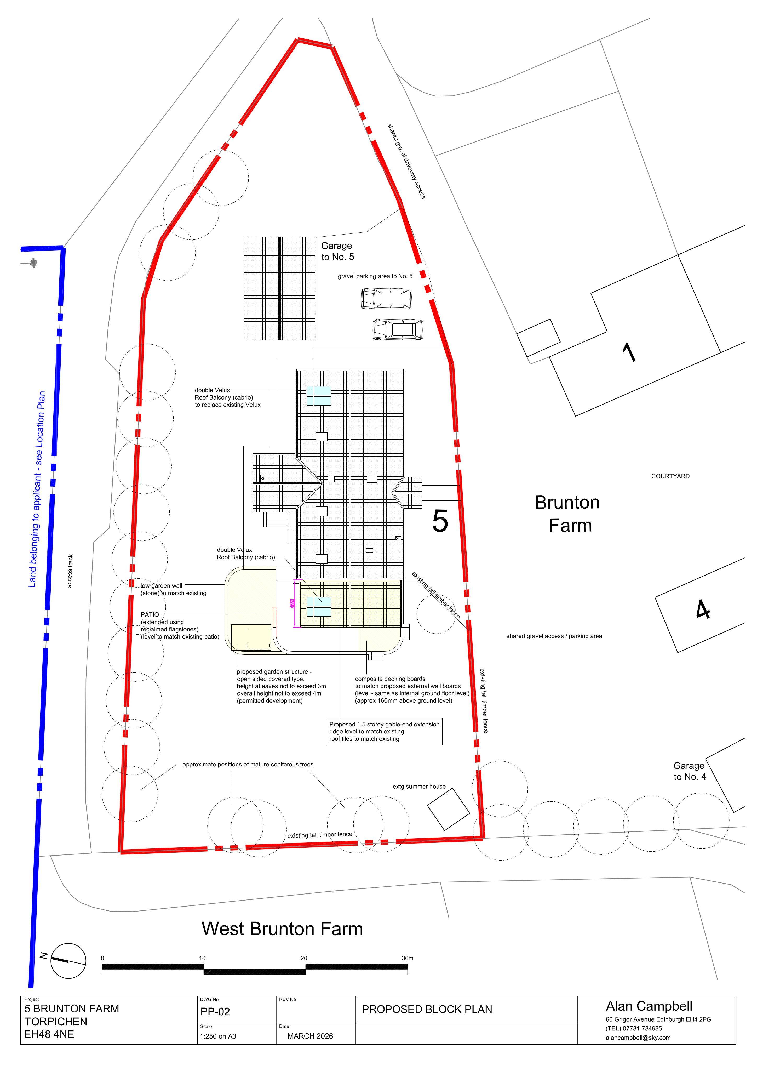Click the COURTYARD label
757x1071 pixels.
pyautogui.click(x=670, y=476)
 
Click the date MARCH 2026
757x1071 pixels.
pyautogui.click(x=310, y=1036)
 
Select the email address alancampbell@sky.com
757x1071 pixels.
pyautogui.click(x=638, y=1038)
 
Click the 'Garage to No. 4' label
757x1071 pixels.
pyautogui.click(x=689, y=771)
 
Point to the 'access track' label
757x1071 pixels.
pyautogui.click(x=70, y=571)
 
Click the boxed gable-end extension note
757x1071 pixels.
pyautogui.click(x=384, y=731)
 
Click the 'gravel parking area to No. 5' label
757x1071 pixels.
pyautogui.click(x=375, y=276)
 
